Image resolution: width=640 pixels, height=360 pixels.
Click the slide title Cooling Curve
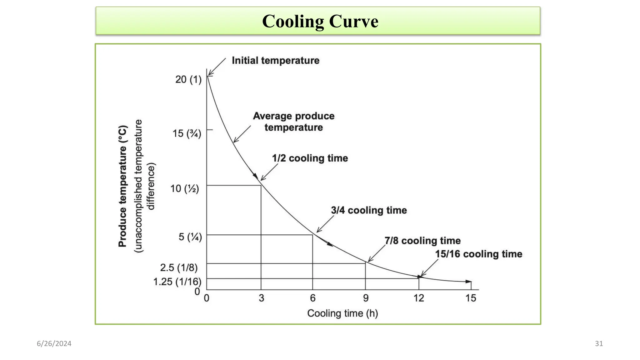pos(320,21)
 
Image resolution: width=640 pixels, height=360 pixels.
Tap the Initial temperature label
pos(275,60)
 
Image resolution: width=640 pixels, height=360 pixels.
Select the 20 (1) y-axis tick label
pos(188,79)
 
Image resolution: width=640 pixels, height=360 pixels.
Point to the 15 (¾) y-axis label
pos(187,133)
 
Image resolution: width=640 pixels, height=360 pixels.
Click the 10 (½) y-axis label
pos(184,188)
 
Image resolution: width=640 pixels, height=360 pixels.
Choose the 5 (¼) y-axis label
pos(190,237)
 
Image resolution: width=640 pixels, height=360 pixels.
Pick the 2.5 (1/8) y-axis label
pos(179,267)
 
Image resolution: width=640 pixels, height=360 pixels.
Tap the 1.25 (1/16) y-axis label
pos(177,282)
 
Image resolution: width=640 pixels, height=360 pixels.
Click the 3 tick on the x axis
pos(261,298)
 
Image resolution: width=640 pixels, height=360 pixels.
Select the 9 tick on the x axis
pos(366,298)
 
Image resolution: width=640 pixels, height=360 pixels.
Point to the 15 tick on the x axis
pos(471,298)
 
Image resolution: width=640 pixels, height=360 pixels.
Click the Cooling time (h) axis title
pos(342,313)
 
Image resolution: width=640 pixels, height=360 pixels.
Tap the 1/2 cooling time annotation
pos(310,158)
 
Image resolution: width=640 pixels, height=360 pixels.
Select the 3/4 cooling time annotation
pos(369,210)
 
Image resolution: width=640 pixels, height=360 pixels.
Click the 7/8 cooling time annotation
pos(422,241)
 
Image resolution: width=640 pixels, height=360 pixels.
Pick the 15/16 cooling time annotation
pos(478,254)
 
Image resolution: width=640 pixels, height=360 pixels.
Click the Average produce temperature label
pos(293,122)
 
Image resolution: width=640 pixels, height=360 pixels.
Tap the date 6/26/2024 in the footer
pos(54,343)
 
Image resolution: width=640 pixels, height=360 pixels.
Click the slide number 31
pos(599,343)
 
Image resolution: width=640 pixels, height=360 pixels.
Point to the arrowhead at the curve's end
pos(468,282)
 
